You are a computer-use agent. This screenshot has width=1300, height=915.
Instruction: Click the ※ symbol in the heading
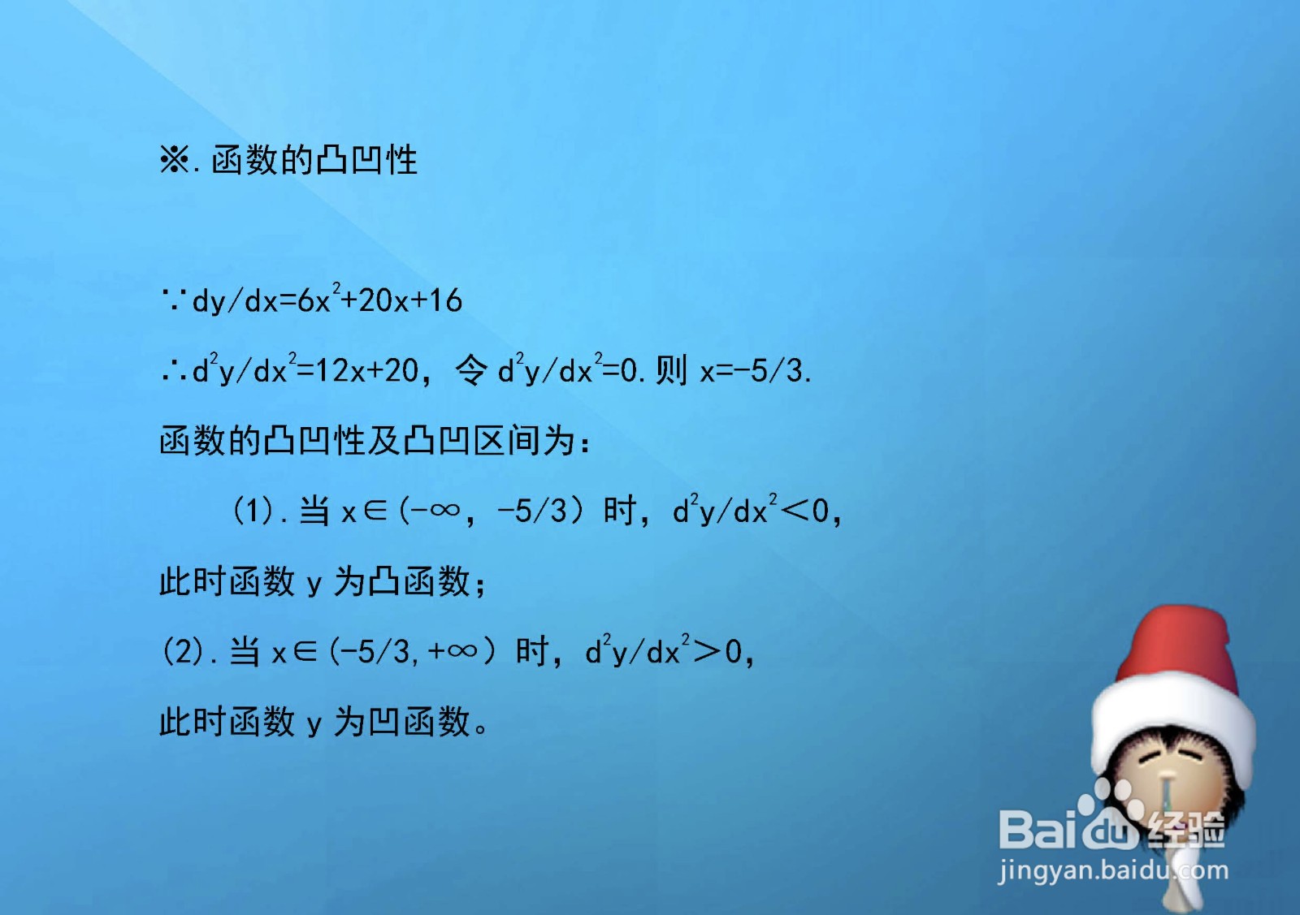174,160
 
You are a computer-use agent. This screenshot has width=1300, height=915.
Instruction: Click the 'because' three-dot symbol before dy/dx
174,301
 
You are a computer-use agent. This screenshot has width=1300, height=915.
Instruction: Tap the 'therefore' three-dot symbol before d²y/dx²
174,372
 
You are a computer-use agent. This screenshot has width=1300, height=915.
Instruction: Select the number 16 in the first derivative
445,301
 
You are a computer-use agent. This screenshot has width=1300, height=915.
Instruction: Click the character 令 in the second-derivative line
471,371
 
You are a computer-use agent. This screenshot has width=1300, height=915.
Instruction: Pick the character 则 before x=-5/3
671,371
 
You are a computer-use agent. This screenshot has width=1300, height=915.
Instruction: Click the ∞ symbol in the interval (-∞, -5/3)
445,511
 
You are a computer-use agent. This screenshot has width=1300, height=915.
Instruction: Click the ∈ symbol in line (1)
375,511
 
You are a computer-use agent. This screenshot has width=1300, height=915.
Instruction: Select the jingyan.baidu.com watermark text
1113,871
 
